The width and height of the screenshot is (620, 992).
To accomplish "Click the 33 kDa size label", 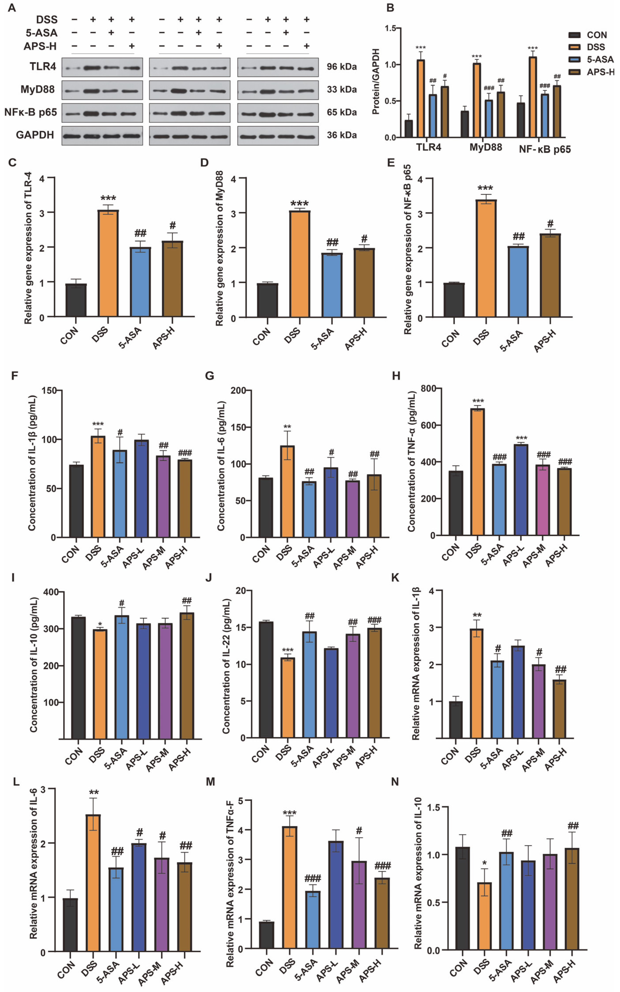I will (342, 89).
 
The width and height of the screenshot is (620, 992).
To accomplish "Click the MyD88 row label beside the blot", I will (37, 89).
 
